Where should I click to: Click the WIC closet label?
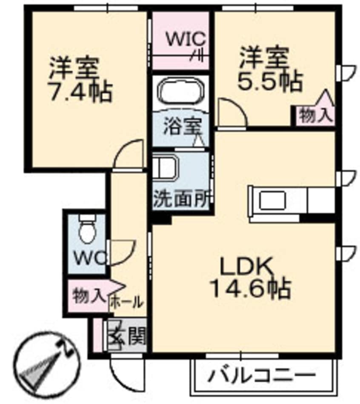tap(186, 39)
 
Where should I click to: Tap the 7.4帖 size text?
tap(81, 92)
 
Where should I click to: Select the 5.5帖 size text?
tap(271, 81)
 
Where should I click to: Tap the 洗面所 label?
tap(180, 200)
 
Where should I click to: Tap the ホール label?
tap(127, 302)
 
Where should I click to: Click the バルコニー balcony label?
tap(263, 376)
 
